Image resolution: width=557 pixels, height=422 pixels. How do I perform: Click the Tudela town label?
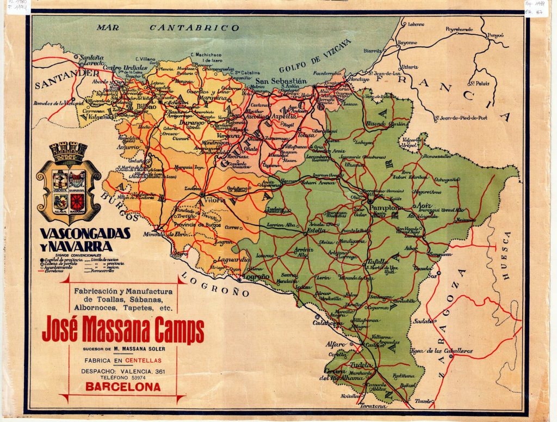tap(361, 365)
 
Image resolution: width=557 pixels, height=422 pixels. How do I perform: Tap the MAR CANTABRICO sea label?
tap(168, 27)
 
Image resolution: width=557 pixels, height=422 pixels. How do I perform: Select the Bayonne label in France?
tap(407, 42)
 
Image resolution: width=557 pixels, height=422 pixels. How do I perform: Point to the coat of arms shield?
tap(68, 185)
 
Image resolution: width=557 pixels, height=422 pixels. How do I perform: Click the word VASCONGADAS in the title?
tap(85, 234)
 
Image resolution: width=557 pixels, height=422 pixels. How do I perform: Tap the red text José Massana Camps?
tap(123, 330)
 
